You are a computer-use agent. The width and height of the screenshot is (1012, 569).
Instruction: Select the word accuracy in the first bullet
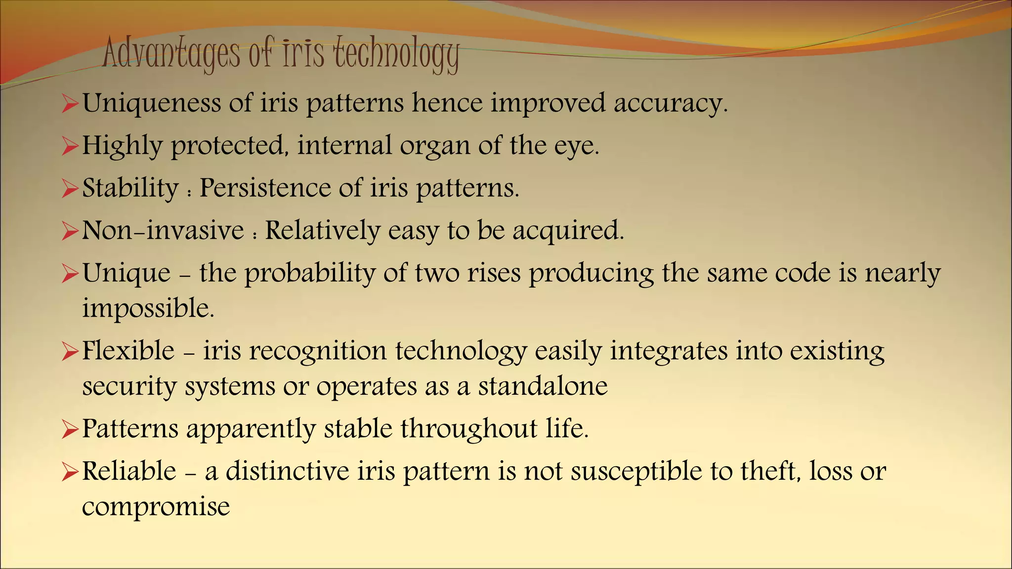click(671, 104)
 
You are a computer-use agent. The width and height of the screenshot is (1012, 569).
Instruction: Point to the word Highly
click(122, 146)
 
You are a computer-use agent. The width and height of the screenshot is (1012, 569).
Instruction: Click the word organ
click(434, 146)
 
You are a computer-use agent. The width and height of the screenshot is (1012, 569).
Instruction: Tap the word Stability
click(130, 188)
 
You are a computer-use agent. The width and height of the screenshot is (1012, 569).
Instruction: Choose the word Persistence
click(264, 188)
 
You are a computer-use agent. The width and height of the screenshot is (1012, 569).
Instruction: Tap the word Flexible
click(128, 351)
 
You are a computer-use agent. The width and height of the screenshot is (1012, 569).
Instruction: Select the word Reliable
click(129, 471)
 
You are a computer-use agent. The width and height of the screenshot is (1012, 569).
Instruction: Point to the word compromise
click(156, 507)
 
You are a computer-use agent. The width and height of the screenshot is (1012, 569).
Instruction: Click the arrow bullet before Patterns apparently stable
click(70, 430)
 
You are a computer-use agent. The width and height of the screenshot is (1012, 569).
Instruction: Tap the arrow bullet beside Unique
click(70, 275)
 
